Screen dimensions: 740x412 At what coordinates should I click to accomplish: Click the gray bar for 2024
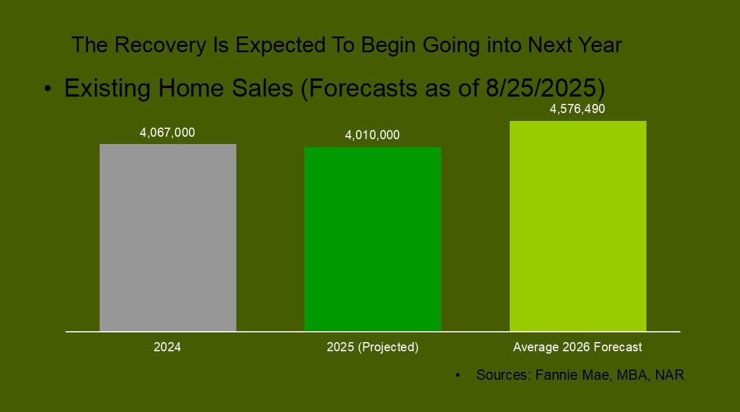(x=168, y=238)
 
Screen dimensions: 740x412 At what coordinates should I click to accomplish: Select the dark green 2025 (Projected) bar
(x=372, y=239)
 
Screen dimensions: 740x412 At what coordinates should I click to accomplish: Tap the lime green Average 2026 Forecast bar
(x=578, y=226)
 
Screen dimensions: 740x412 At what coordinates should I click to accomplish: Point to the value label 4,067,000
(x=167, y=133)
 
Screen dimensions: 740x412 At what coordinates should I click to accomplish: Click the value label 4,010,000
(x=372, y=135)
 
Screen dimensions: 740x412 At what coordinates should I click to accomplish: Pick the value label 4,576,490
(x=577, y=109)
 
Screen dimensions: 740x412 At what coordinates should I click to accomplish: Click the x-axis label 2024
(x=167, y=347)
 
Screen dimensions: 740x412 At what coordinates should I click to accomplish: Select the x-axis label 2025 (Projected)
(x=372, y=347)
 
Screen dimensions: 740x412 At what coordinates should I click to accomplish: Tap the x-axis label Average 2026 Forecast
(x=577, y=347)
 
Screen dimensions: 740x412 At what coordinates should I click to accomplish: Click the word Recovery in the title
(x=160, y=45)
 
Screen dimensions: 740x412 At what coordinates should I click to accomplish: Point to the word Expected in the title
(x=281, y=45)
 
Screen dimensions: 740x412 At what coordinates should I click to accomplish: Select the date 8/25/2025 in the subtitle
(x=541, y=88)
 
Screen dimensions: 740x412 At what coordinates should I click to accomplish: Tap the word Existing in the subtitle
(x=108, y=89)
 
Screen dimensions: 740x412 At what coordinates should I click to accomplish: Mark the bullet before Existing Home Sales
(x=48, y=89)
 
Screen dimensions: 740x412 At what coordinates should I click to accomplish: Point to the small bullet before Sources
(x=457, y=375)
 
